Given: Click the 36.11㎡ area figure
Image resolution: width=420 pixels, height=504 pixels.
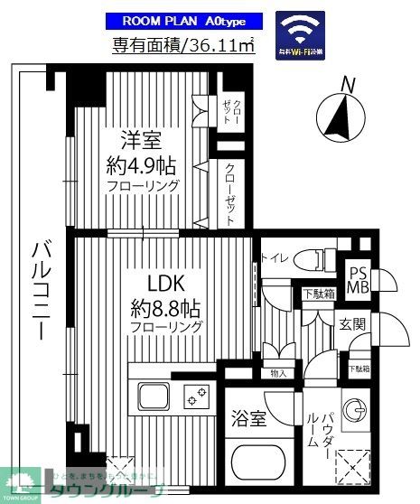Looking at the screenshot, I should point(219,45).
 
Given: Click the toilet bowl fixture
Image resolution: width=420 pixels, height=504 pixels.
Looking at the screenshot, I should point(311,257).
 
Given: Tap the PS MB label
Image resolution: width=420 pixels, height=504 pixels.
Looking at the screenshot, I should point(357,281).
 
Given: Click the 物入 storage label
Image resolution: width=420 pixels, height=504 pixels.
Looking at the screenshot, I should point(278,373).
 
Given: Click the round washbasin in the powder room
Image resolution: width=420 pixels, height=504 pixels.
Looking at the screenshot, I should point(356,408).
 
